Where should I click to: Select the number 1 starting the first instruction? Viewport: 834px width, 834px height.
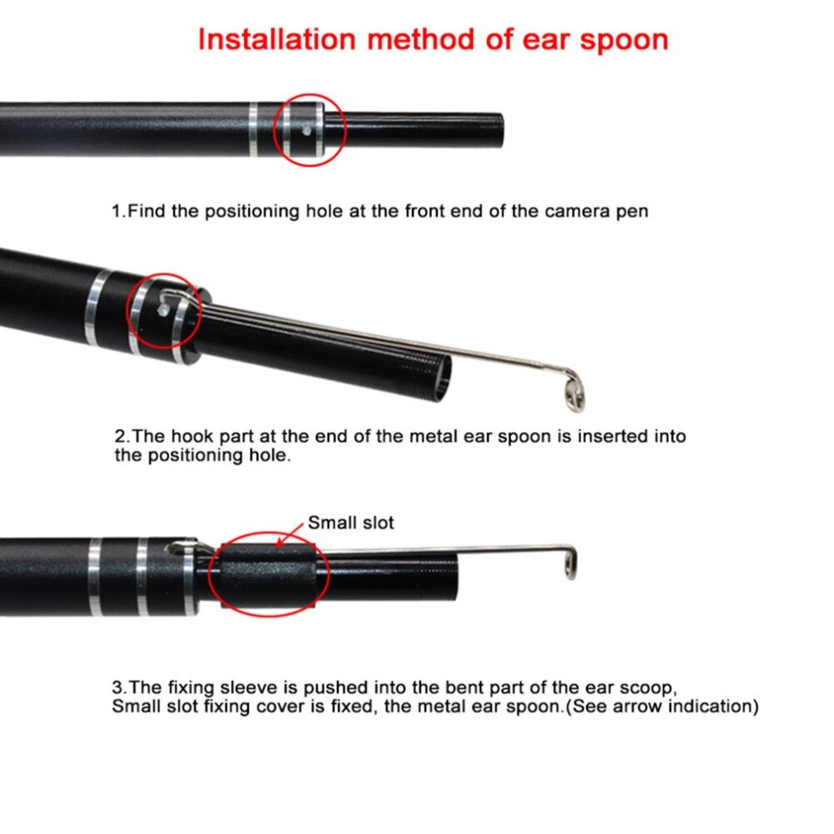117,212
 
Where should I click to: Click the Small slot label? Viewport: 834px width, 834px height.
350,524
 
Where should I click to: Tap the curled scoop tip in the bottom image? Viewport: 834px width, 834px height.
569,562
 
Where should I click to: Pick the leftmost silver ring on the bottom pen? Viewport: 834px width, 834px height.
95,576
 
